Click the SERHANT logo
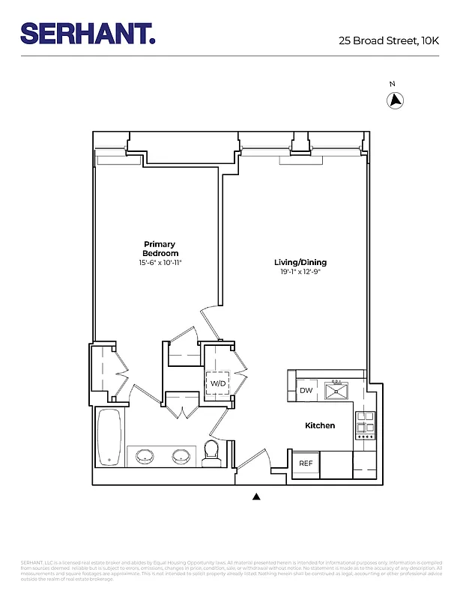[88, 34]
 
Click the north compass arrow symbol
[395, 100]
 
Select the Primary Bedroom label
[160, 249]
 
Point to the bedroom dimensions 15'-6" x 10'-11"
[160, 264]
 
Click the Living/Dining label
[300, 263]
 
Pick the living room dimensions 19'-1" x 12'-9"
[300, 273]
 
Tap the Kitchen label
[320, 425]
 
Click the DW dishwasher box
[306, 391]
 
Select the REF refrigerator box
[306, 463]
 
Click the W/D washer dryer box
[218, 384]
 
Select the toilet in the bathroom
[211, 451]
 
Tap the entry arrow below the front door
[256, 496]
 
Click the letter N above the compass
[392, 84]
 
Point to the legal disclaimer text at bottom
[231, 570]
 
